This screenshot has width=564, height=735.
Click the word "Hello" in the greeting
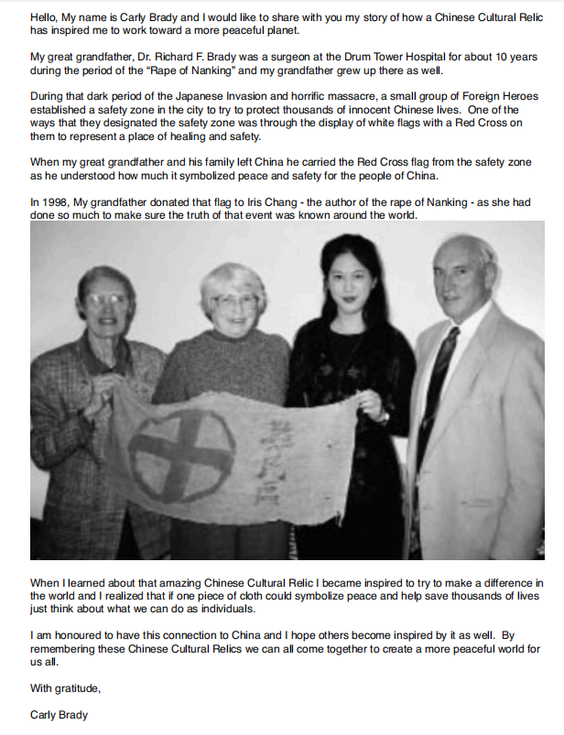(x=46, y=16)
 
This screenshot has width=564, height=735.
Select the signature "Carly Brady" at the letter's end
(x=60, y=715)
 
